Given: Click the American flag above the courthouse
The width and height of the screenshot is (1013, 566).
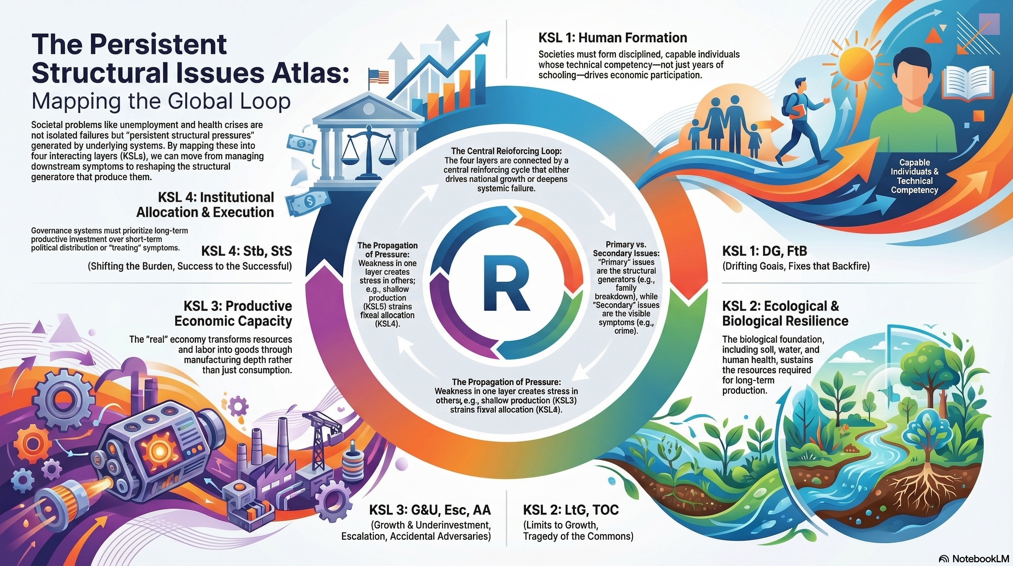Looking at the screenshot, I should click(378, 76).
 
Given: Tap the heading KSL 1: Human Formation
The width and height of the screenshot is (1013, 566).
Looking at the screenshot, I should click(613, 38).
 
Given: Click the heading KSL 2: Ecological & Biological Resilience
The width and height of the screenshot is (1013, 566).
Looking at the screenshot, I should click(785, 313).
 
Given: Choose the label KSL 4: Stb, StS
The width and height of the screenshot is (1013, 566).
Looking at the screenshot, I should click(247, 251).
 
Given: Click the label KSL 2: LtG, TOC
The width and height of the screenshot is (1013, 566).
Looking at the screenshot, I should click(571, 510).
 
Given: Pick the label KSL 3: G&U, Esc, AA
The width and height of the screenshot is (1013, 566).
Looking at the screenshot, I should click(430, 510).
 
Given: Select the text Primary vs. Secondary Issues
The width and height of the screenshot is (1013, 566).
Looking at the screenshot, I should click(626, 249).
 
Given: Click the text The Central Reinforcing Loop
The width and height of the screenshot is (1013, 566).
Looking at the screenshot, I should click(506, 151).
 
